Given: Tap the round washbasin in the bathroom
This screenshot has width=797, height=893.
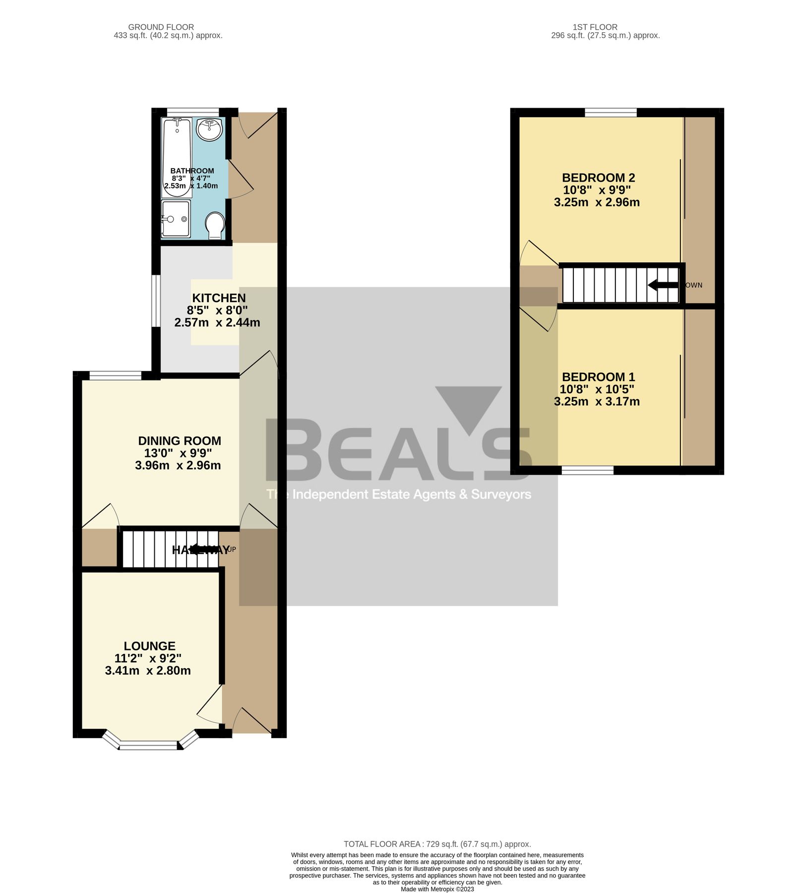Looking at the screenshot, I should click(209, 129).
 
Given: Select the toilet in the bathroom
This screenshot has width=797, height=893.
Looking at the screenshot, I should click(215, 226).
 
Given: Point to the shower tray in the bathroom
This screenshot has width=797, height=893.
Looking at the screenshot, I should click(175, 219).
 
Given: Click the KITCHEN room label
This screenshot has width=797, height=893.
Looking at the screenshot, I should click(219, 298).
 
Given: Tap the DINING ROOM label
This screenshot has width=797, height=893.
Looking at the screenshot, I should click(180, 441).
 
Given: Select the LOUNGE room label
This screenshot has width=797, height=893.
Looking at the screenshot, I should click(149, 646).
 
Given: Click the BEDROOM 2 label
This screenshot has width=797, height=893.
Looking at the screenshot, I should click(598, 178).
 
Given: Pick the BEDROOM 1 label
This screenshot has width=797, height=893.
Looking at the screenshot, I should click(598, 377).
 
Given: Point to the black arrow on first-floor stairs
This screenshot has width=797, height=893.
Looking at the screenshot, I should click(663, 285).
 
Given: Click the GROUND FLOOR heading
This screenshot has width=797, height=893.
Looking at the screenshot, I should click(161, 27).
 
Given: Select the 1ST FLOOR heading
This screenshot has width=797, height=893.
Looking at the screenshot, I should click(595, 27).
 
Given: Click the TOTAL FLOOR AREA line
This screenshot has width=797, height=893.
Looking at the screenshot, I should click(437, 844).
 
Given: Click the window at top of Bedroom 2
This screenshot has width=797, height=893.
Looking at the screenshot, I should click(611, 113).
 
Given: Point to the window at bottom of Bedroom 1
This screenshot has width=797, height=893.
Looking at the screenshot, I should click(587, 470).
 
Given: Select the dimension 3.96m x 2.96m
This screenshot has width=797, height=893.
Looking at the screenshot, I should click(178, 465).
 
